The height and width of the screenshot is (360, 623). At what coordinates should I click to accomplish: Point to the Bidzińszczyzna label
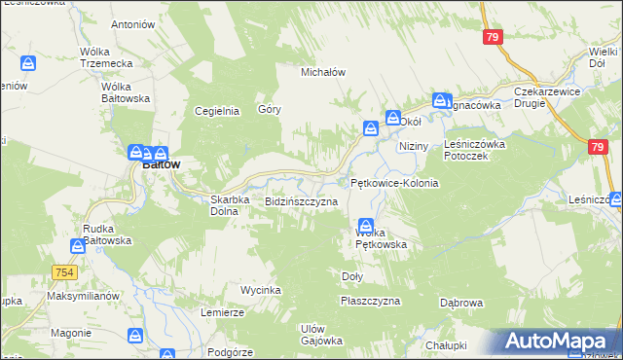coord(302,201)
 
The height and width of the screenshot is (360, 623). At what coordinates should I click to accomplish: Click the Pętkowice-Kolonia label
coord(394,183)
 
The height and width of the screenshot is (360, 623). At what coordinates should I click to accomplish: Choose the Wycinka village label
coord(261,291)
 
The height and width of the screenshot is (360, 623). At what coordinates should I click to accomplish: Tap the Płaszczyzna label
coord(371,302)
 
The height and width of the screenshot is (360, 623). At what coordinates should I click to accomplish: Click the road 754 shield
coord(65,272)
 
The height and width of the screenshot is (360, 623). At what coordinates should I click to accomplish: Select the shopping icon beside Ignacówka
coord(440,100)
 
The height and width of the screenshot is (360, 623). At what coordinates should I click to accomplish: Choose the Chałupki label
coord(446,345)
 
